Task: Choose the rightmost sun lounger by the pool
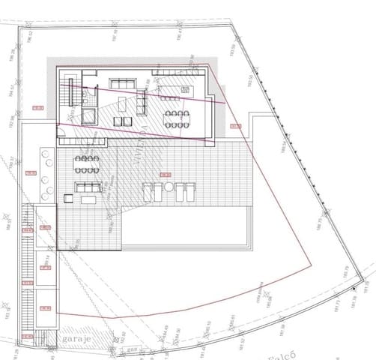pos(187,191)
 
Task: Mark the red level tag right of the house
pos(234,126)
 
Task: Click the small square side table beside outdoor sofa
pos(68,198)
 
